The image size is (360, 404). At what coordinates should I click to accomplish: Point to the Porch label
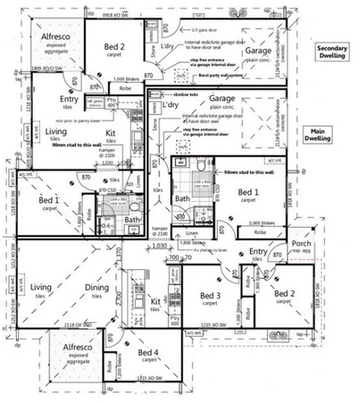point(300,244)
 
